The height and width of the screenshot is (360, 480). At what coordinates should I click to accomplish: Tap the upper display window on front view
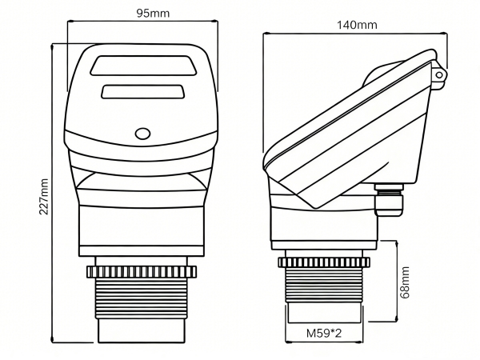144,65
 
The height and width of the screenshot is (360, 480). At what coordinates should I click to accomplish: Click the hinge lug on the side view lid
438,74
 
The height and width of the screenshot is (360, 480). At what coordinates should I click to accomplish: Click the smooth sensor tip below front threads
142,328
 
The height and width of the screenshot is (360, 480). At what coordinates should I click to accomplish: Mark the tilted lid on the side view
352,128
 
